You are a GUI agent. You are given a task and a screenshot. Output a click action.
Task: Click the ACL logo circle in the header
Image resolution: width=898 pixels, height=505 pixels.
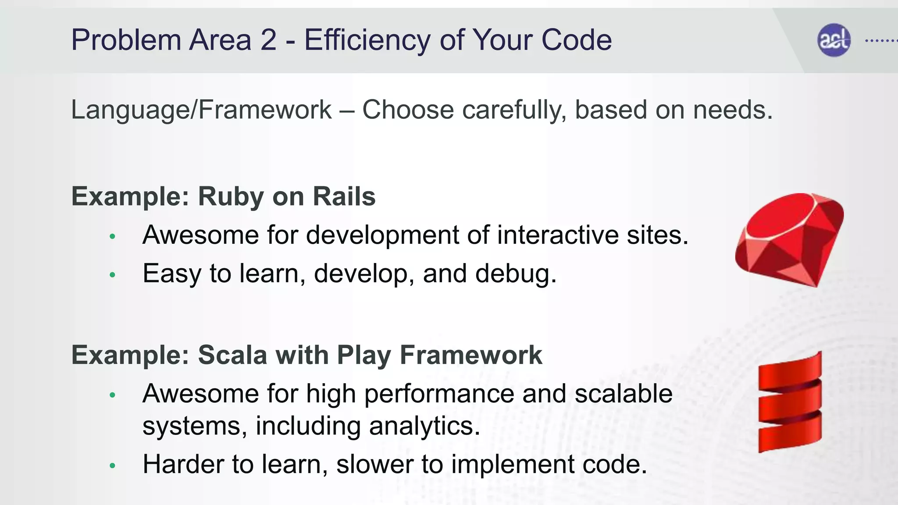[834, 40]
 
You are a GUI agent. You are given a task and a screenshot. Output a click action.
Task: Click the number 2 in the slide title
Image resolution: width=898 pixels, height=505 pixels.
[268, 40]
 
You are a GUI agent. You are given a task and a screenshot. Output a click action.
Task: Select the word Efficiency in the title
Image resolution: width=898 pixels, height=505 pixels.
[367, 40]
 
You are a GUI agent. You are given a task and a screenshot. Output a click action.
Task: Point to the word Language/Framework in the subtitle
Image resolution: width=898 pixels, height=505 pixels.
[201, 110]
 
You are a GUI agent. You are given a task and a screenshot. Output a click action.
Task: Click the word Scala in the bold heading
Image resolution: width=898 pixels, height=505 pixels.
[232, 355]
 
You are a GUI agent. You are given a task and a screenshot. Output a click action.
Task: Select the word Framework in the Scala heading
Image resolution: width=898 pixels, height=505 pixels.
[471, 355]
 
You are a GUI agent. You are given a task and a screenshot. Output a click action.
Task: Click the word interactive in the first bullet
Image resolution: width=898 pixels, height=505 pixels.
[558, 235]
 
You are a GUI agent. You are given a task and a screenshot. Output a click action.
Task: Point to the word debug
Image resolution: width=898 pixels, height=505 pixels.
[516, 274]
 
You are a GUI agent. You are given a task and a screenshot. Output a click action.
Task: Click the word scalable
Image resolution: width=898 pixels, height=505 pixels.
[624, 394]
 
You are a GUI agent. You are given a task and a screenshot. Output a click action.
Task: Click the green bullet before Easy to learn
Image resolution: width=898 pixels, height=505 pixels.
[112, 275]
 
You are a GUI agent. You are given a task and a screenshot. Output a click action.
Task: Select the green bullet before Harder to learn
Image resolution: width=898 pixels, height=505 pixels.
[112, 466]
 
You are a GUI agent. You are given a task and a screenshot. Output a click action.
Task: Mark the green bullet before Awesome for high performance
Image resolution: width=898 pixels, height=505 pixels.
[112, 395]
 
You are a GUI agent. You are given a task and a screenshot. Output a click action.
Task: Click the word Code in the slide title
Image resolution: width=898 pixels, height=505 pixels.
[576, 40]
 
